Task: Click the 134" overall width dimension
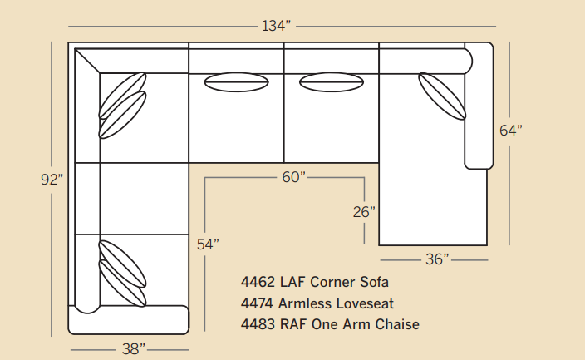pos(276,26)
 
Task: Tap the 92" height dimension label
pos(52,180)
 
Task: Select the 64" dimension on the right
pos(511,131)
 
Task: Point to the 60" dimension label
pos(293,177)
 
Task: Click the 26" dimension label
pos(364,212)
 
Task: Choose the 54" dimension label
pos(208,244)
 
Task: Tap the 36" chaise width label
pos(437,259)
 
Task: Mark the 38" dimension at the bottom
pos(133,349)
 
